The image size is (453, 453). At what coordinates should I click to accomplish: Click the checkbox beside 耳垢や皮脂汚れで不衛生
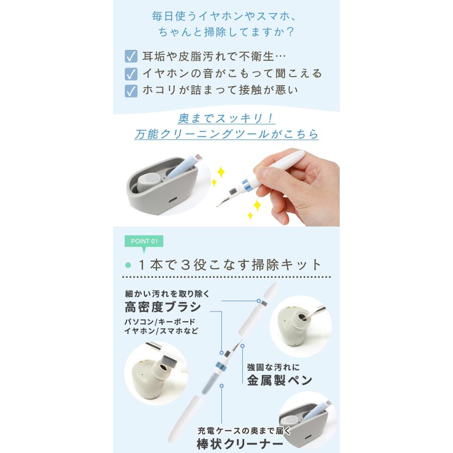131,56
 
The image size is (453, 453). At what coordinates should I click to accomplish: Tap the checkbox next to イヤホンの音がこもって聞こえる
131,73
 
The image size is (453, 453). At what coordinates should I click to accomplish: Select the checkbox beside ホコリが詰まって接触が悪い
131,91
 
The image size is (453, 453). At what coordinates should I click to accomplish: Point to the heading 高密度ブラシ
163,307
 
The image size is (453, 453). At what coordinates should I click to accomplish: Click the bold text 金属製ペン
279,380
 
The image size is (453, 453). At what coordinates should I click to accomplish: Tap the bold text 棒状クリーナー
240,444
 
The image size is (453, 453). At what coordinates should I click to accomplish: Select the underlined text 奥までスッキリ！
226,118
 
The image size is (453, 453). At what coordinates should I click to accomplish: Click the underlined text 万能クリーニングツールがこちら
226,134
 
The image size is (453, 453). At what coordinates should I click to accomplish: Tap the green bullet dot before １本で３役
128,265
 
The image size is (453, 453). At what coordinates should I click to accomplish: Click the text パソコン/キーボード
160,322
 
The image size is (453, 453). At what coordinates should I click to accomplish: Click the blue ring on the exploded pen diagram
220,364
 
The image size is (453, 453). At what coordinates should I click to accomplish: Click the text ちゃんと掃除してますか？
226,31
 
